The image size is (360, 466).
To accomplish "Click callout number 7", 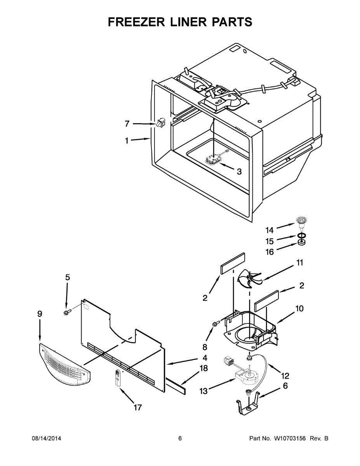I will click(127, 124).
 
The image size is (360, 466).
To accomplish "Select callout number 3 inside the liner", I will click(239, 171).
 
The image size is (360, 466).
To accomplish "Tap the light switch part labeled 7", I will click(160, 123).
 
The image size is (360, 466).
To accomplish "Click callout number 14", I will click(270, 230).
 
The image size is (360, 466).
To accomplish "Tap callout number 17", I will click(137, 408).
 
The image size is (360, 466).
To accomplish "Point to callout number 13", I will click(203, 391).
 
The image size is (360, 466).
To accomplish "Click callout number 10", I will click(299, 309).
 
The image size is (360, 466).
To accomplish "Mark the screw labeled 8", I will click(215, 323).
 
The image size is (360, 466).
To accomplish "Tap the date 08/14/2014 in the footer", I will click(46, 438).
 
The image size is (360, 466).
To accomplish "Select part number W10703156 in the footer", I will click(290, 438).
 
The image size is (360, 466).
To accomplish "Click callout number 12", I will click(285, 376).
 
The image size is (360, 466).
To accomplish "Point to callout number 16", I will click(270, 252).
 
